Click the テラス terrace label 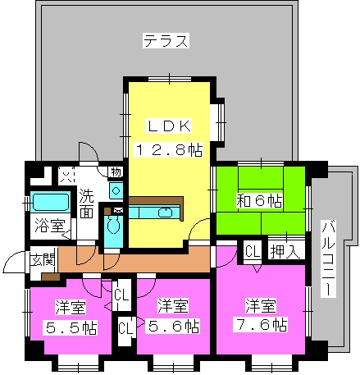pos(166,41)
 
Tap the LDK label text pos(169,126)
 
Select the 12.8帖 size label pos(168,149)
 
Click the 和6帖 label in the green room pos(259,201)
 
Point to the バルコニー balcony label pos(328,258)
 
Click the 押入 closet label pos(285,251)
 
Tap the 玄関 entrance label pos(43,259)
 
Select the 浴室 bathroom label pos(50,226)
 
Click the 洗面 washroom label pos(86,204)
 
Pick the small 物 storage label pos(116,172)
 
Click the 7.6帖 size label pos(260,324)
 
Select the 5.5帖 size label pos(71,327)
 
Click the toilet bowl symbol pos(113,224)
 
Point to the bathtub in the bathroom pos(51,202)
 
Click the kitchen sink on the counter pos(165,213)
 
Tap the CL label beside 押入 pos(253,251)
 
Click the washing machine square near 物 pos(116,190)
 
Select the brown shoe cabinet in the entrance pos(51,277)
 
